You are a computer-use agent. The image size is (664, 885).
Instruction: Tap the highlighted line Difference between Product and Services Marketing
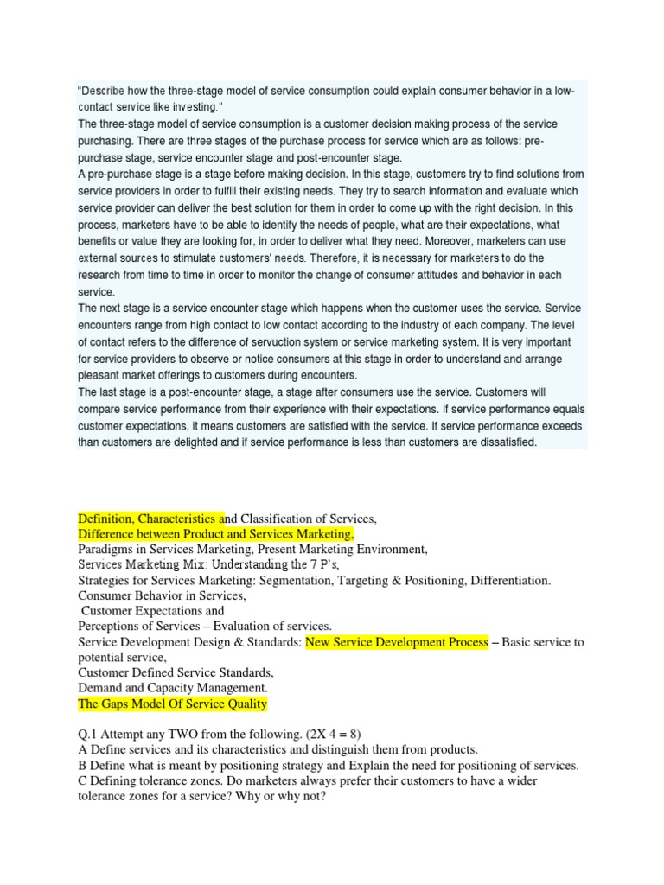[215, 534]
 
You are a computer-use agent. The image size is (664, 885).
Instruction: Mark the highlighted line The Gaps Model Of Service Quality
[172, 704]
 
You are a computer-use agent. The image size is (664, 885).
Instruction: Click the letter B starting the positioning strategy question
[82, 767]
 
